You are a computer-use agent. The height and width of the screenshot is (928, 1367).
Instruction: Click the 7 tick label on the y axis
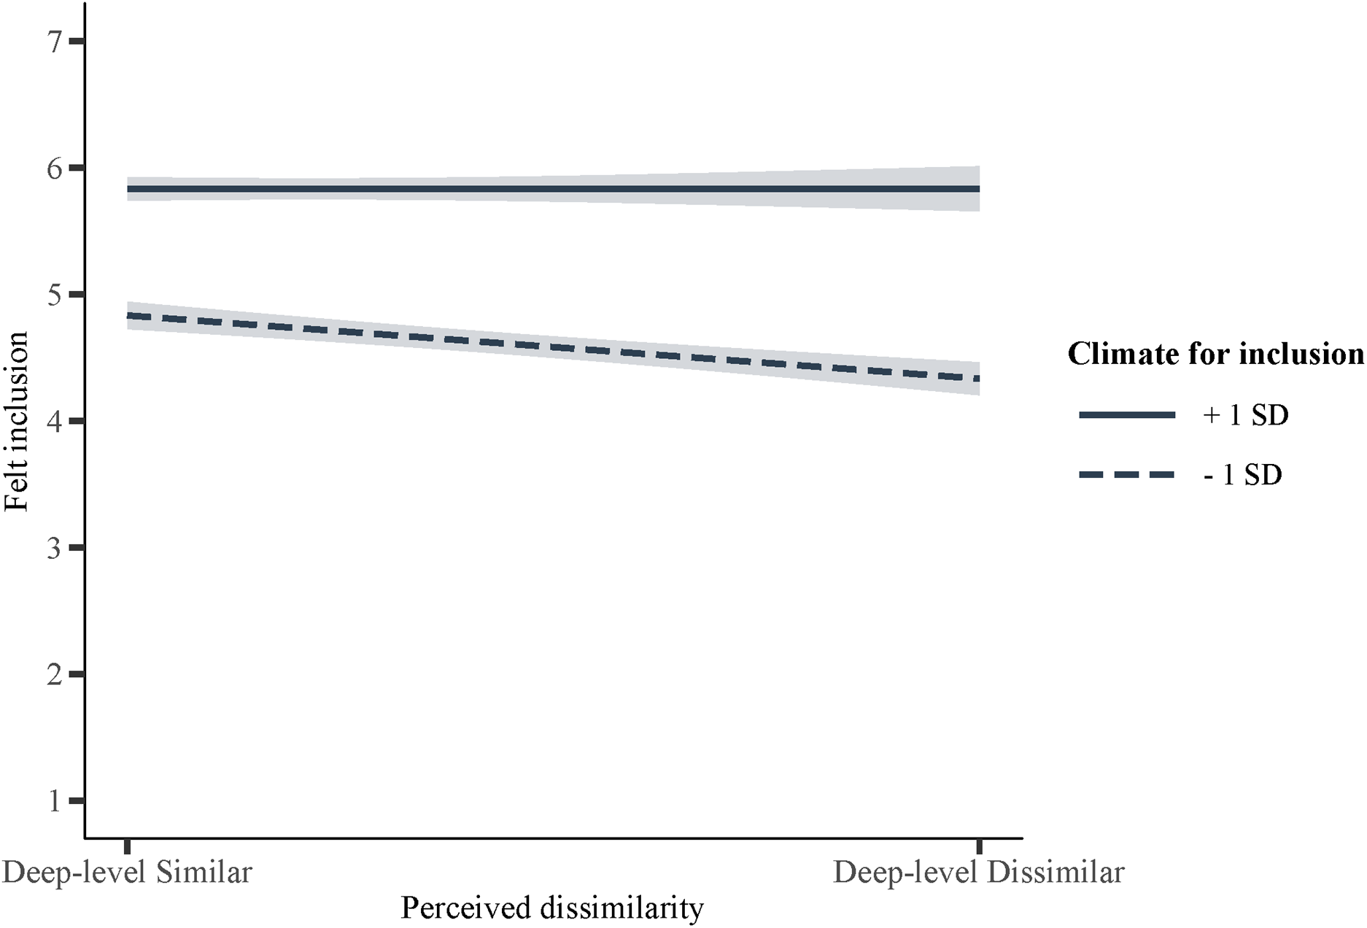pos(55,42)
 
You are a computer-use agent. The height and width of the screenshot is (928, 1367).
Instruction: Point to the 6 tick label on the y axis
pos(55,169)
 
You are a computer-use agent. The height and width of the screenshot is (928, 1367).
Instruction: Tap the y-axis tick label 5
pos(55,295)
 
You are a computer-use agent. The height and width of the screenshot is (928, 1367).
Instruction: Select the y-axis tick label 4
pos(55,422)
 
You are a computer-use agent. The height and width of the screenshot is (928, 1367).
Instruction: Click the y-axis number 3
pos(55,548)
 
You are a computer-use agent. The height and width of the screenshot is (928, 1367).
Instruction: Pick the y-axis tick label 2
pos(55,675)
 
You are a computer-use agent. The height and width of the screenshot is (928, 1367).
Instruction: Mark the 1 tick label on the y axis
pos(55,801)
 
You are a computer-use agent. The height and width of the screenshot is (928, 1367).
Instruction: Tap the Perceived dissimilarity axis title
pos(552,908)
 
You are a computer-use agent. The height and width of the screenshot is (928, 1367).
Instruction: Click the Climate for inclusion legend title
pos(1215,354)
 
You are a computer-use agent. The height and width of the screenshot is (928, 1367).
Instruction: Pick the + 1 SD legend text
pos(1245,415)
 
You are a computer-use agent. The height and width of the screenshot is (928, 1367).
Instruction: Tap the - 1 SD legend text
pos(1242,475)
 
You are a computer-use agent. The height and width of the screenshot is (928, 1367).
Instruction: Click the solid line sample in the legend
pos(1127,415)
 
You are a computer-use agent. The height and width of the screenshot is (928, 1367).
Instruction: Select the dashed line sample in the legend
pos(1127,475)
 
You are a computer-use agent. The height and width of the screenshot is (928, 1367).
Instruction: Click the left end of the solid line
pos(129,189)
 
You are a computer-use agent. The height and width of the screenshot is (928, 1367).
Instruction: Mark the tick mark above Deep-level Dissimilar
pos(979,846)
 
